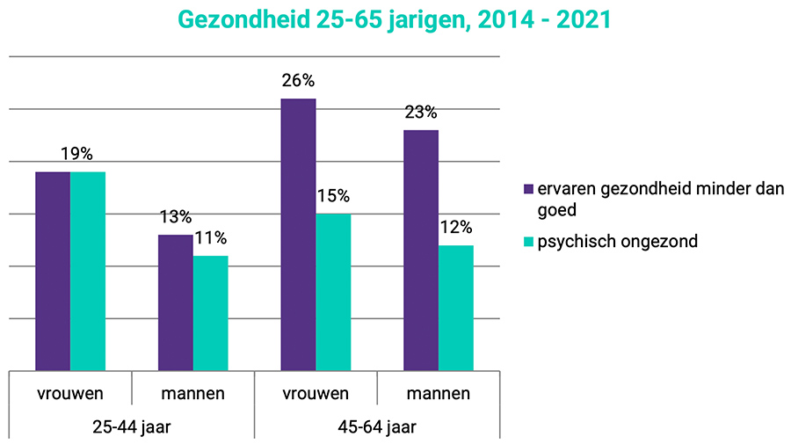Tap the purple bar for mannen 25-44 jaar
point(175,302)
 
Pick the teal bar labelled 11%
point(210,313)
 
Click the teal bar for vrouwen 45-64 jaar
point(333,292)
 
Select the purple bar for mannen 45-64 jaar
point(421,251)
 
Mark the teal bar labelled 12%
point(456,308)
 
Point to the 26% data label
point(298,81)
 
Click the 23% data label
point(421,113)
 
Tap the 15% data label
point(333,196)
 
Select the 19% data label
point(76,154)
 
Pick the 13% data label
point(175,217)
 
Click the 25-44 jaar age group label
point(132,427)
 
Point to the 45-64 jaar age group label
point(377,427)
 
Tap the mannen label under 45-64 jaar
point(439,393)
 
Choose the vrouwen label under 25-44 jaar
point(70,393)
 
